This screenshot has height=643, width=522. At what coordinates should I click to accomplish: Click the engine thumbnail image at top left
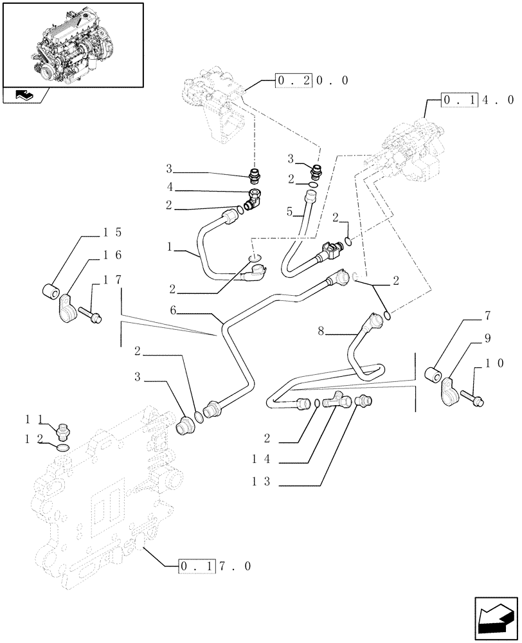[73, 44]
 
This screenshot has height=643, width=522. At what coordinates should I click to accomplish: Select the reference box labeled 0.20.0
[312, 80]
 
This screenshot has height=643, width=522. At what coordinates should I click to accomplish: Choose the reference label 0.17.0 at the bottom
[214, 566]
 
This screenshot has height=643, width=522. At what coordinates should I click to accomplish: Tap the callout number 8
[321, 331]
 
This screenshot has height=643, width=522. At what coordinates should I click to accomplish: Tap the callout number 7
[487, 316]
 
